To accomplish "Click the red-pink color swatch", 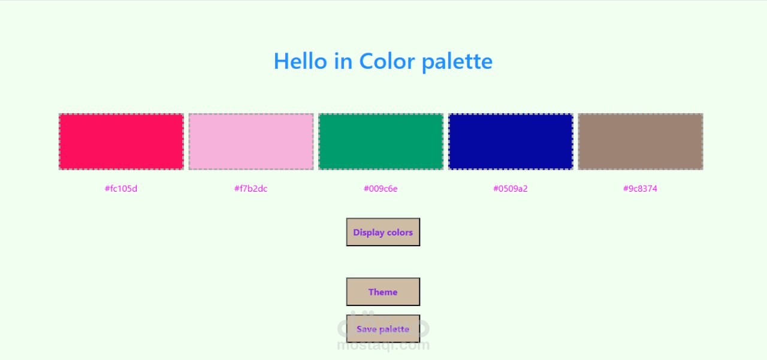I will click(x=121, y=141).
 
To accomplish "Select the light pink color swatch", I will click(x=251, y=141).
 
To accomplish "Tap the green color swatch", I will click(x=381, y=141).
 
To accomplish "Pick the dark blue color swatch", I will click(x=511, y=141).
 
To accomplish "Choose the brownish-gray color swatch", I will click(x=641, y=141).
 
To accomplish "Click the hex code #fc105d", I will click(x=121, y=189).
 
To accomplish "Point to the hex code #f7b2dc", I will click(x=251, y=189).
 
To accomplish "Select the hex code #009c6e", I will click(x=381, y=189).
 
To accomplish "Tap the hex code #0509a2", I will click(x=511, y=189).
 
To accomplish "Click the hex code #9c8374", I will click(x=641, y=189).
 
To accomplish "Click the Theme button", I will click(x=383, y=292).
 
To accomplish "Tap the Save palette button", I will click(x=383, y=329).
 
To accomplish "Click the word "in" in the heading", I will click(x=343, y=61).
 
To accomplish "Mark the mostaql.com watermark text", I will click(x=383, y=346).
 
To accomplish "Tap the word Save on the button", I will click(x=367, y=329).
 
